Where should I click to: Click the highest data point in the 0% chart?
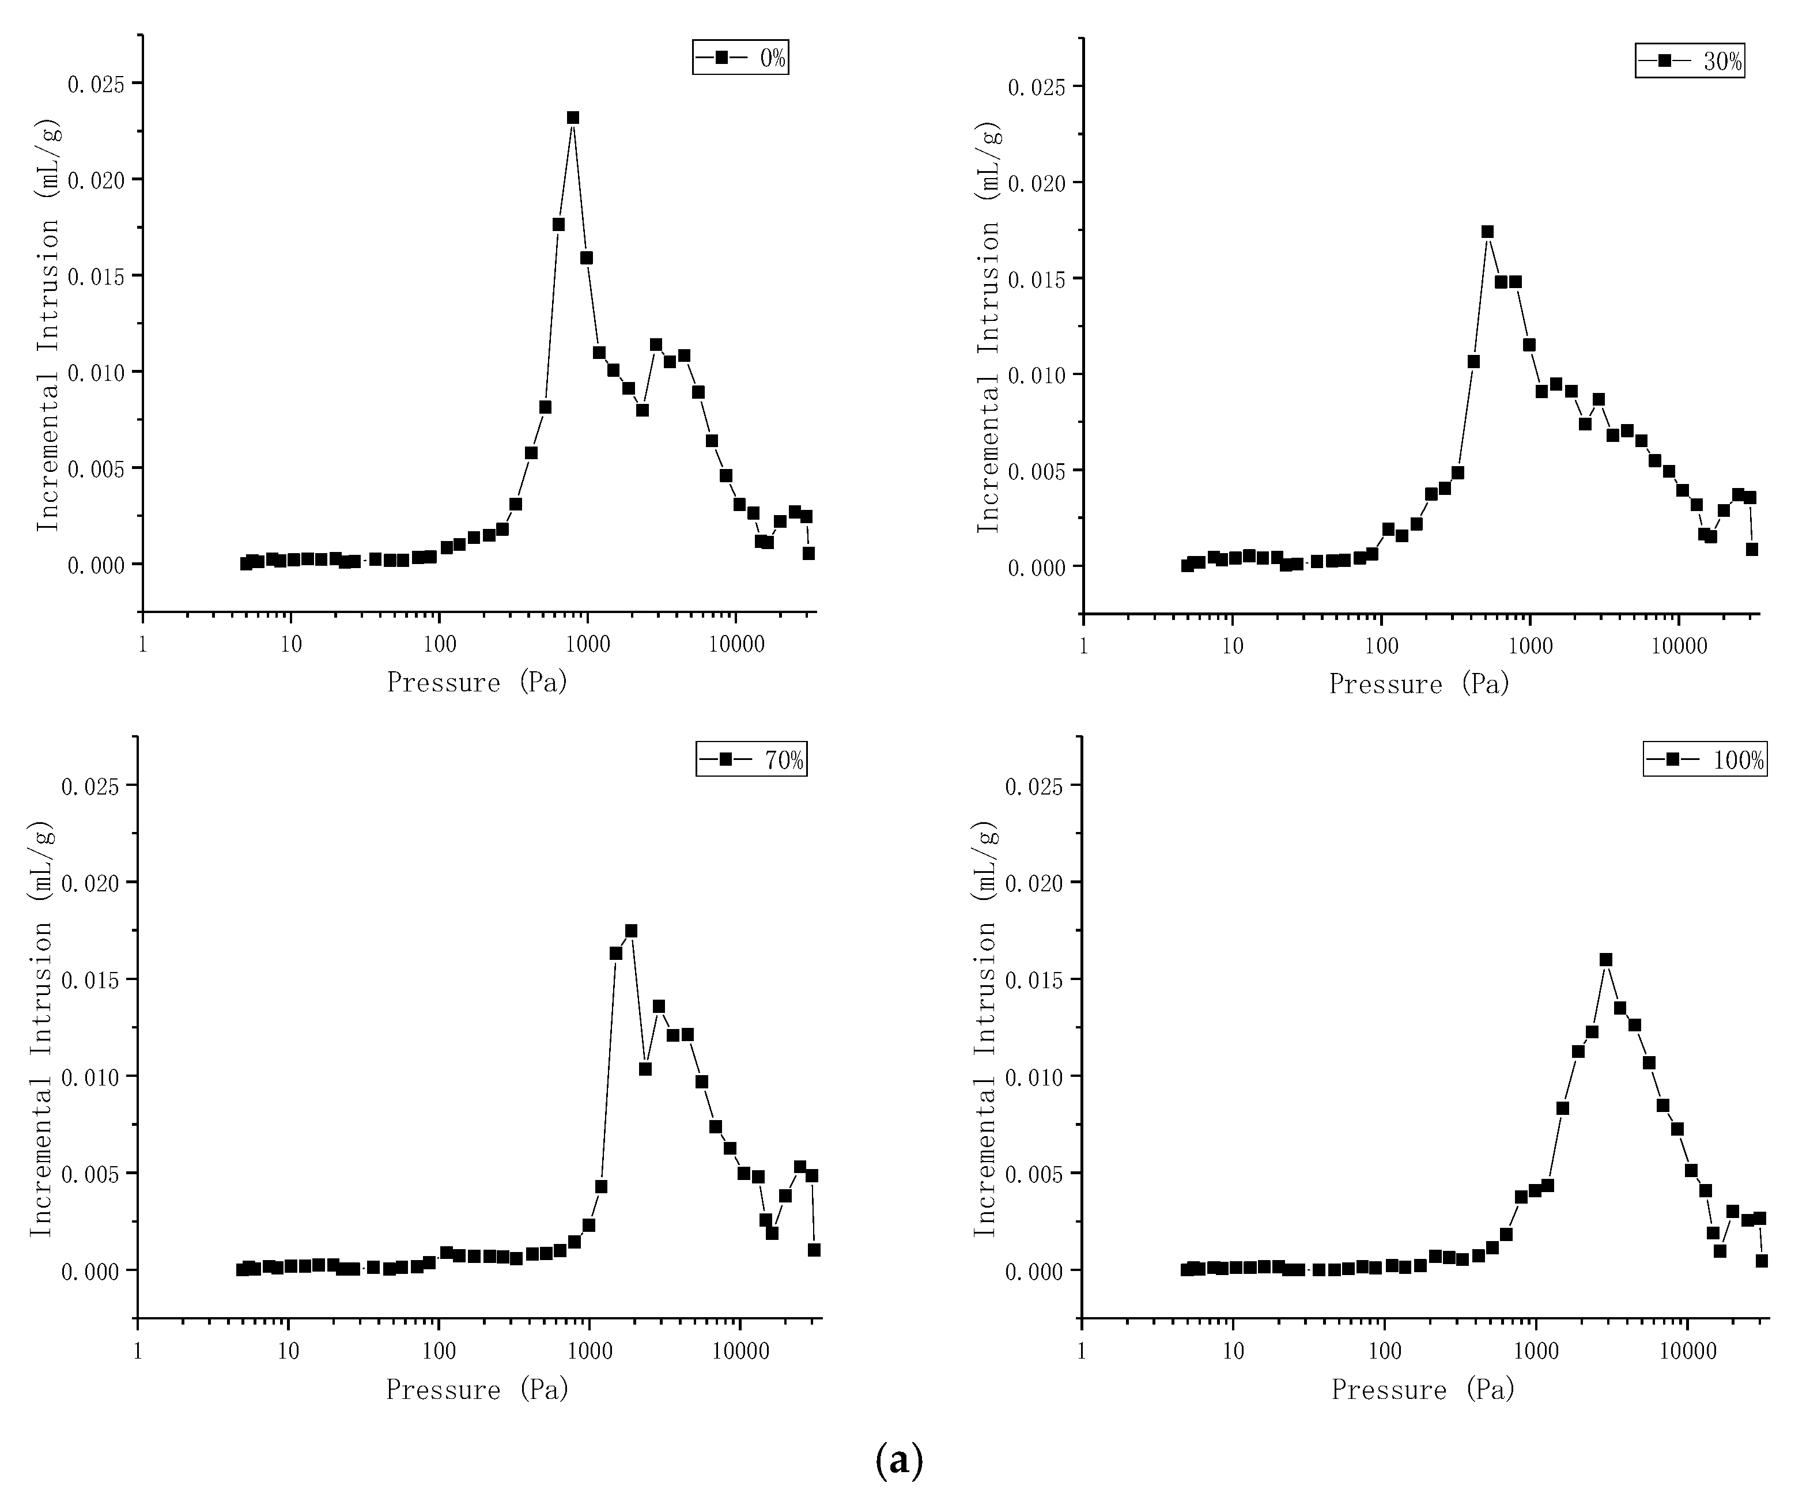[572, 118]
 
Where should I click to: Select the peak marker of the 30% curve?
[1487, 232]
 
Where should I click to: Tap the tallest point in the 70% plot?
[631, 931]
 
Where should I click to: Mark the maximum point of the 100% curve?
[1606, 959]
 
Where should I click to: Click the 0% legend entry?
[740, 58]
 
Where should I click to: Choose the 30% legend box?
[1690, 61]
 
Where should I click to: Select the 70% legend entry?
[751, 760]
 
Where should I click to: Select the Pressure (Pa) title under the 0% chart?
[478, 682]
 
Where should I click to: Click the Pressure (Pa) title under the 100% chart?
[1423, 1390]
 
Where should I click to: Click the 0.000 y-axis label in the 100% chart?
[1036, 1271]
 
